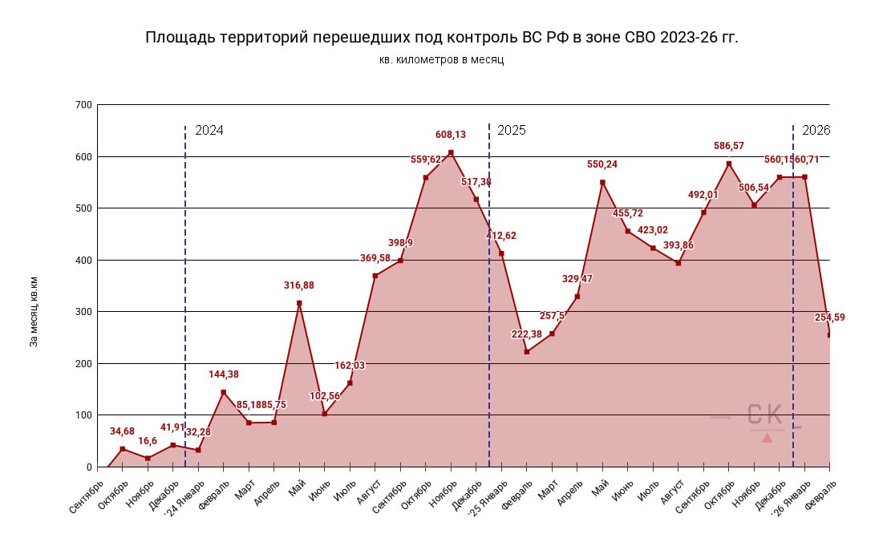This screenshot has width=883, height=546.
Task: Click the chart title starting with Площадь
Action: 441,38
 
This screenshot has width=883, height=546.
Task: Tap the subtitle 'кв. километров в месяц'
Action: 441,60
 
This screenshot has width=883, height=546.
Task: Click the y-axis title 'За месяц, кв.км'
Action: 34,312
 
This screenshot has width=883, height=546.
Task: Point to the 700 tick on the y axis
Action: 83,105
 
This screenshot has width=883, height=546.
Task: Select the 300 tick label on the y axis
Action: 83,312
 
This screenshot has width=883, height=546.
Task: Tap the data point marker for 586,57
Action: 729,164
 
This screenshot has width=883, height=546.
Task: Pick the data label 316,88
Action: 300,285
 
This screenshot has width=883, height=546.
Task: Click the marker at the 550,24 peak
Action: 602,183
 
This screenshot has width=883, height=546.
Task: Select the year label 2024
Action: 209,130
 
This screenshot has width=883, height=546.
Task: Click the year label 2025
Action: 512,130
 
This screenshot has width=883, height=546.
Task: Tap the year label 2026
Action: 816,130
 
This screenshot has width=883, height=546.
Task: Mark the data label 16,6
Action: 147,441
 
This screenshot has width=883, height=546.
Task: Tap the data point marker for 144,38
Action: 224,392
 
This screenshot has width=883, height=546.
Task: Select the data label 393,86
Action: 678,245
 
